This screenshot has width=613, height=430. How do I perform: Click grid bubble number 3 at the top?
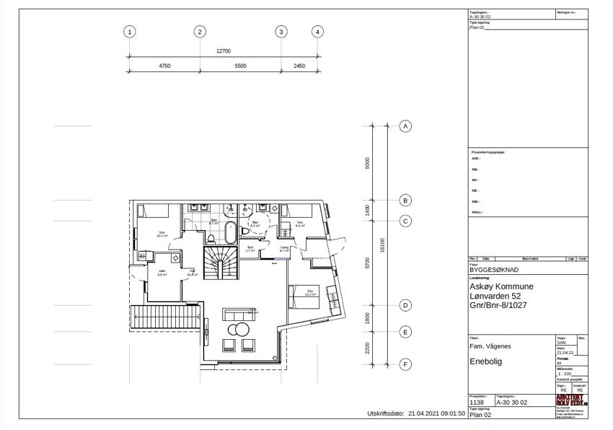point(281,32)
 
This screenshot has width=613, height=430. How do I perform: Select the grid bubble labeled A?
point(405,126)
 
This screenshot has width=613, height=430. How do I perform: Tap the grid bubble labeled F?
point(405,365)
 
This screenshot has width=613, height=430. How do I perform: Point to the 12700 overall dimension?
point(224,51)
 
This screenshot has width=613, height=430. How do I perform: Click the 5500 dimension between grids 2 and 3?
point(240,66)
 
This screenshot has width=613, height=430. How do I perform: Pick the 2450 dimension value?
point(299,66)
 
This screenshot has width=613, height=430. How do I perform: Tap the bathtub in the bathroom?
point(230,233)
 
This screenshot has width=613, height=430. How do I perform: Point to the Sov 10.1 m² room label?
point(162,234)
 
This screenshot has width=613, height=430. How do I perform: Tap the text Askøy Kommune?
point(501,286)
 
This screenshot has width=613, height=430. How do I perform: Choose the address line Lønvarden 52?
point(495,297)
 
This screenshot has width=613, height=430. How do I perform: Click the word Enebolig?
point(485,361)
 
